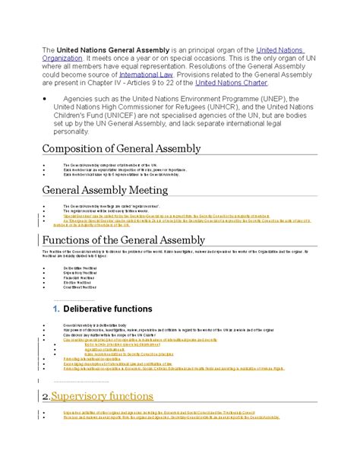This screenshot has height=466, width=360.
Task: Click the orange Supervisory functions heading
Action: point(102,396)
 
